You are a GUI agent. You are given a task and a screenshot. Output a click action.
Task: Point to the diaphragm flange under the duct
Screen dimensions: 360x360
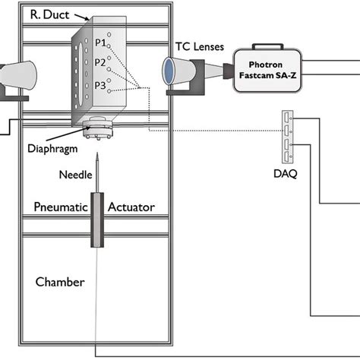(97, 131)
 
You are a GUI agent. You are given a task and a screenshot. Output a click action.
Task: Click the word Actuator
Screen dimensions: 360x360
(131, 207)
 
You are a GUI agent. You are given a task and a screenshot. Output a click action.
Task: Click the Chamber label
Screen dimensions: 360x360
(60, 282)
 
